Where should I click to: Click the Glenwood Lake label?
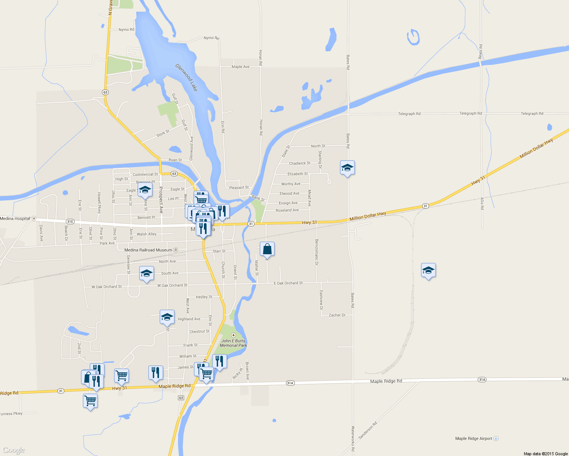186,78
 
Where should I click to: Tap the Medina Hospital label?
15,218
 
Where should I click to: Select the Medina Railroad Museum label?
148,250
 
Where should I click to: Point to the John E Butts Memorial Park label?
234,343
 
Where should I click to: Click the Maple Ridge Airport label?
474,439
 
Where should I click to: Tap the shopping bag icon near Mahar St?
267,249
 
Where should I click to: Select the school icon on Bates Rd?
347,168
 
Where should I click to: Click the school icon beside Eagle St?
145,190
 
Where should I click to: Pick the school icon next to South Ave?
146,273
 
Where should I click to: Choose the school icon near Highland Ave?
167,317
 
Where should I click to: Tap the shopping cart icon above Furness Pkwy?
90,401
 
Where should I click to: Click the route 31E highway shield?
70,221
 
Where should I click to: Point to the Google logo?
14,450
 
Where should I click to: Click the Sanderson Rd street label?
368,430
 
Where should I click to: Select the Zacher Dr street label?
337,315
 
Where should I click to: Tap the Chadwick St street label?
299,163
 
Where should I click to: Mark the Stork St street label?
163,134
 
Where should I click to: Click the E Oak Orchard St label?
288,283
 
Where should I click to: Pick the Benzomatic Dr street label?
316,252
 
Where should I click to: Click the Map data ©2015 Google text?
545,454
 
